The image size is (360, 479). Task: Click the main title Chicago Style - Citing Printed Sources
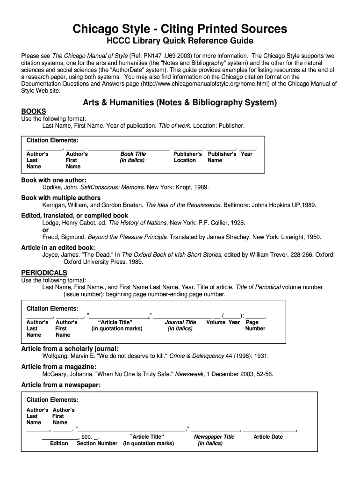click(180, 29)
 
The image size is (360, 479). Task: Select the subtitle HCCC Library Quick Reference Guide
click(180, 42)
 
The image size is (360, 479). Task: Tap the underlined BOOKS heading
click(34, 111)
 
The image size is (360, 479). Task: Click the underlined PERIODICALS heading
click(44, 273)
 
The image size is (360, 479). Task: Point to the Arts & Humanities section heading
click(180, 102)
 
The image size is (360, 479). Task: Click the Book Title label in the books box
click(133, 157)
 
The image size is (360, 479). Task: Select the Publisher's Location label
click(187, 157)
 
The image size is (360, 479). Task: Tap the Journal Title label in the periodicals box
click(180, 326)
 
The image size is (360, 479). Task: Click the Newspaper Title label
click(214, 440)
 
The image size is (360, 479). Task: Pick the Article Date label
click(268, 437)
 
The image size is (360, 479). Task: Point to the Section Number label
click(97, 443)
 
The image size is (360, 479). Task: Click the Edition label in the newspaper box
click(59, 443)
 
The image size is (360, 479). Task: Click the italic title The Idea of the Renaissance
click(183, 205)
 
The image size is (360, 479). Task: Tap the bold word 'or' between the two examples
click(45, 230)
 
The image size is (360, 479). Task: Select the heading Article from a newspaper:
click(61, 385)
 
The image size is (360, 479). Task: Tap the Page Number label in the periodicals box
click(255, 326)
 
